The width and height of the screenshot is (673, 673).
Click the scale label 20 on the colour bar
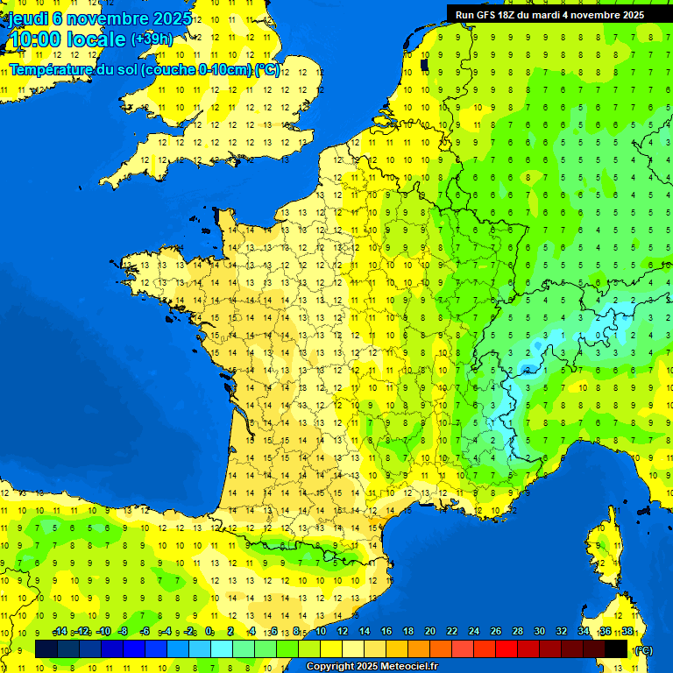click(429, 632)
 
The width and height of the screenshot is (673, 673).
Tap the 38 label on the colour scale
click(627, 632)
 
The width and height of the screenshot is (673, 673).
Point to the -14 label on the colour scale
click(60, 632)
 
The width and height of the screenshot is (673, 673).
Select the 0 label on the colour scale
click(209, 632)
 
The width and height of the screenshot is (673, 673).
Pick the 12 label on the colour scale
click(342, 632)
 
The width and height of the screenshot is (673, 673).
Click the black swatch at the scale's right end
click(617, 648)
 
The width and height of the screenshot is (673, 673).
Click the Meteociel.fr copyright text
click(372, 667)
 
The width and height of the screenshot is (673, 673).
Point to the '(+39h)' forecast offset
click(152, 39)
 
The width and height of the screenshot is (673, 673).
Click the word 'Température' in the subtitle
click(51, 70)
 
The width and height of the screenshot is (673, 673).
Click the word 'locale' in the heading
click(97, 39)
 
